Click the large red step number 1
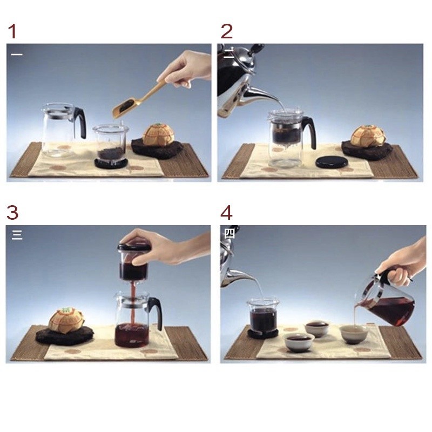(12, 31)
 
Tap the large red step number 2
(227, 31)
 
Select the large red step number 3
(12, 213)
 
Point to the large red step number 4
(226, 213)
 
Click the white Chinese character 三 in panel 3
(17, 235)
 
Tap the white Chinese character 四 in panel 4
(230, 233)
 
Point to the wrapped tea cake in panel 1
(157, 134)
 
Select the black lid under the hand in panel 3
(134, 247)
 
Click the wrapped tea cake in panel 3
(66, 320)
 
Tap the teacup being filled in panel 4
(354, 334)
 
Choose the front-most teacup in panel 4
(300, 342)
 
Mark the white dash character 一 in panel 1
(17, 55)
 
